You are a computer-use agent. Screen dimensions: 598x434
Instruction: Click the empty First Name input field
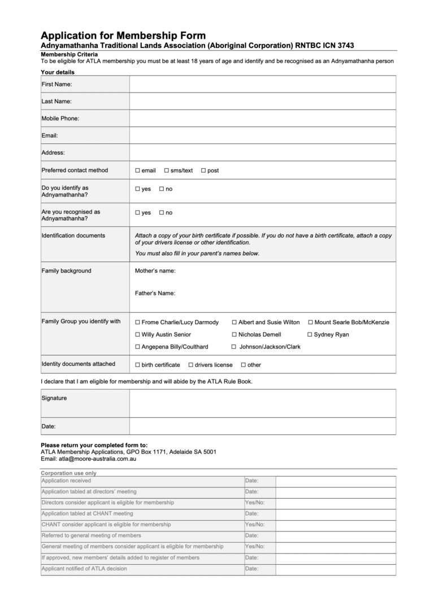(x=262, y=84)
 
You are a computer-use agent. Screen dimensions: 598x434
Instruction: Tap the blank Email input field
(x=262, y=136)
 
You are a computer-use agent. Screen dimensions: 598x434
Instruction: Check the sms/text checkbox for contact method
(x=167, y=171)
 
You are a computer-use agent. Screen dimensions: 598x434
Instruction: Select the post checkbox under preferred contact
(x=203, y=171)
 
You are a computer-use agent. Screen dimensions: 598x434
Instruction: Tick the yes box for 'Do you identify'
(x=137, y=189)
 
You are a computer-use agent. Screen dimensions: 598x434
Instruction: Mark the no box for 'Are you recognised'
(x=162, y=213)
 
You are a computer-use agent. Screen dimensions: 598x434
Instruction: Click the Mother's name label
(x=155, y=271)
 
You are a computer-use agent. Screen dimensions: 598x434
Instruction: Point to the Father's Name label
(x=155, y=294)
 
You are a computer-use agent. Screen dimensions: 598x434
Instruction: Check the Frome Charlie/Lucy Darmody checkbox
(x=137, y=322)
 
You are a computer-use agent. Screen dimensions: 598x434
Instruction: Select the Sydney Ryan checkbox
(x=310, y=335)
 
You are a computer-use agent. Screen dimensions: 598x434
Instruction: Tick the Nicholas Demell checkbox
(x=234, y=335)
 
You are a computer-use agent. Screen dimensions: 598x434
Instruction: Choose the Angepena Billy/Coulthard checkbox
(x=137, y=347)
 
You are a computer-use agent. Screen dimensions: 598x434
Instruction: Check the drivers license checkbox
(x=191, y=365)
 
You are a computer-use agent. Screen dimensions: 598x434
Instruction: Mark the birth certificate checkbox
(x=137, y=365)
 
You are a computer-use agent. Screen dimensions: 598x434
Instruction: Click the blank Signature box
(x=262, y=403)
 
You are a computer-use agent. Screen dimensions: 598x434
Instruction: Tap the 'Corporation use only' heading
(x=68, y=473)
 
